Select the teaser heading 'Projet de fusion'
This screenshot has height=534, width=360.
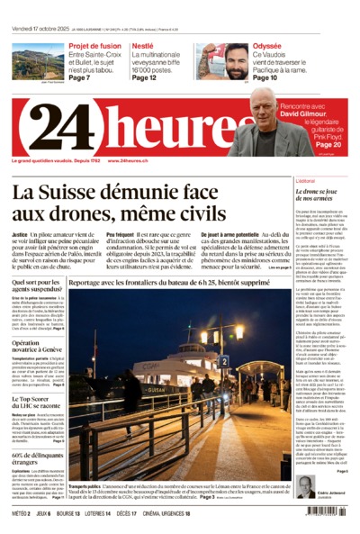click(x=94, y=45)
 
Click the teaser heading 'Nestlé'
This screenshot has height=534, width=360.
click(x=142, y=45)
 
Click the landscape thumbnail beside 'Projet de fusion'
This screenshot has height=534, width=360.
click(x=38, y=60)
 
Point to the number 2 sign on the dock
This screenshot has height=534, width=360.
click(x=224, y=361)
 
